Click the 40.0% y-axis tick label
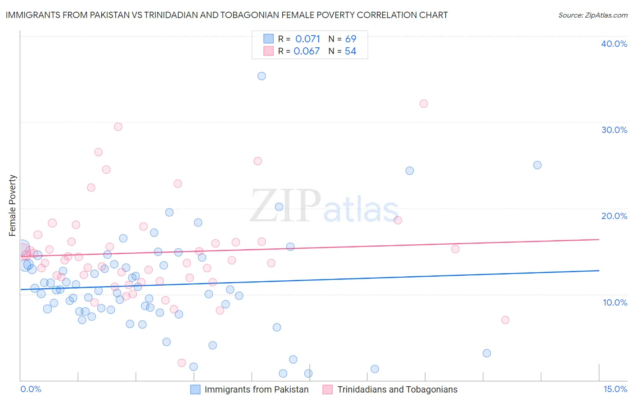[614, 44]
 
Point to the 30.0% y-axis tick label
[614, 130]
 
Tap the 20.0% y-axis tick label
[614, 216]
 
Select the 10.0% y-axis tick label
[615, 302]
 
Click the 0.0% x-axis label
[31, 389]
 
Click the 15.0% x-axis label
[615, 389]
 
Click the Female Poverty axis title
[13, 206]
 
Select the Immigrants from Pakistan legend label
[257, 389]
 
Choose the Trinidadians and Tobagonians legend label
[397, 389]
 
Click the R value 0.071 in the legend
[307, 39]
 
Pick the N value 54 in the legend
[350, 51]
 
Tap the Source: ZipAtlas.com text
[592, 15]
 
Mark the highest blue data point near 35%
[262, 76]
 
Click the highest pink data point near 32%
[424, 104]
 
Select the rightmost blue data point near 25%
[537, 165]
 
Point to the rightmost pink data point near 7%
[505, 320]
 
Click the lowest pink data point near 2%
[182, 363]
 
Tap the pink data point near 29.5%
[118, 127]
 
